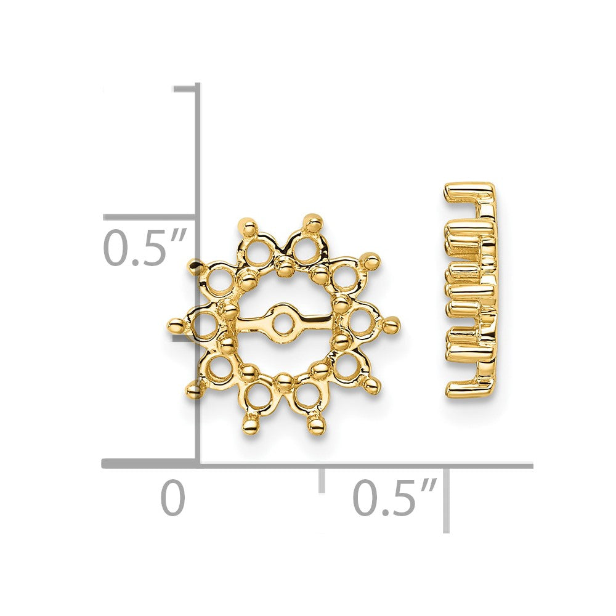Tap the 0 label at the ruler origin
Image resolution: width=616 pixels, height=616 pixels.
(x=173, y=498)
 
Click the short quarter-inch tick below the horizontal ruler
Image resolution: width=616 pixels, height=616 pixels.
(x=322, y=480)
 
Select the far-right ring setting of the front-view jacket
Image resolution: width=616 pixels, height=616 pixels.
(x=362, y=321)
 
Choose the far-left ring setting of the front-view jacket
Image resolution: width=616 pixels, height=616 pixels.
(x=204, y=325)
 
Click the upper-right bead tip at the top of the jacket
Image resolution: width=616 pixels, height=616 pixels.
(x=314, y=220)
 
